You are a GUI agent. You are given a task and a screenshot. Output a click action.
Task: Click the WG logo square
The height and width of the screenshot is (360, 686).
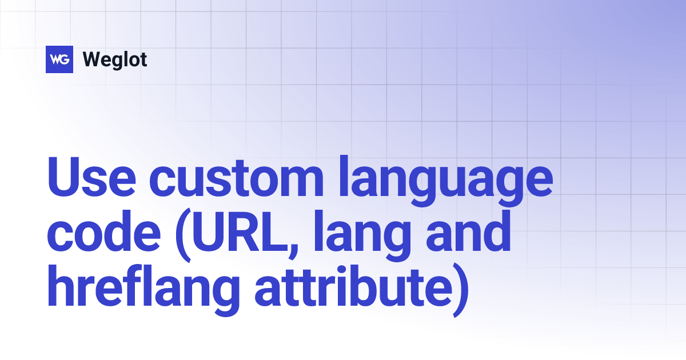point(59,59)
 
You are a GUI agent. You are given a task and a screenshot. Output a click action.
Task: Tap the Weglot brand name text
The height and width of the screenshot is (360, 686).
point(115,59)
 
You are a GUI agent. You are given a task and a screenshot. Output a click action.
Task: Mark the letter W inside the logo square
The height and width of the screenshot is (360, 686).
point(55,59)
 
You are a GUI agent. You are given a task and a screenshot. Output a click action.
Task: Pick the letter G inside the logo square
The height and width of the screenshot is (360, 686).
point(65,59)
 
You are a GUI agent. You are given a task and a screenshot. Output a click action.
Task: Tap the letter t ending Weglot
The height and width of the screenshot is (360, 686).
point(143,59)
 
